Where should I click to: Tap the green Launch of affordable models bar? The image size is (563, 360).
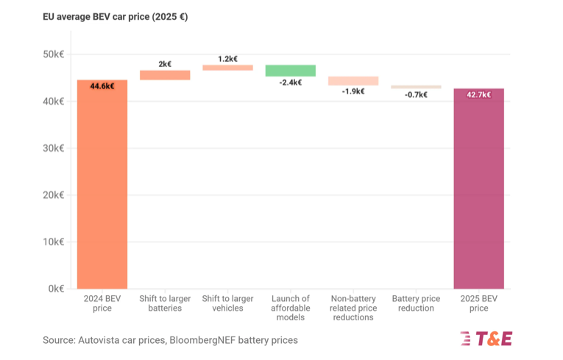(x=290, y=71)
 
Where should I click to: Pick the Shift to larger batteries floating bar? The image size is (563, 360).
(x=165, y=75)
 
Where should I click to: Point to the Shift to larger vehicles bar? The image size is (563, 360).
(x=227, y=68)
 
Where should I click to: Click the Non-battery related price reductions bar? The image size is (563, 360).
(x=353, y=81)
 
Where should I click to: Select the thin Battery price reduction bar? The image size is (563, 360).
(x=416, y=87)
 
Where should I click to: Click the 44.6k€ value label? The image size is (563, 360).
(x=102, y=86)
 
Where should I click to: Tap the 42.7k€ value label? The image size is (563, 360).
(x=478, y=95)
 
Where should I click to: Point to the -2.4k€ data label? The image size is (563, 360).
(x=290, y=82)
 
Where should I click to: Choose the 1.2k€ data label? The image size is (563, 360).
(x=227, y=58)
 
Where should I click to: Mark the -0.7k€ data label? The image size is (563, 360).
(x=416, y=95)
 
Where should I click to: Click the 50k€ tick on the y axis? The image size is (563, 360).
(x=53, y=54)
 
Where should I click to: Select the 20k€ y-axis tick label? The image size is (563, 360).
(x=53, y=195)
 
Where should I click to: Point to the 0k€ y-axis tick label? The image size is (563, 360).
(x=55, y=289)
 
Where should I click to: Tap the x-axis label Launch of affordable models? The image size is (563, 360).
(x=290, y=308)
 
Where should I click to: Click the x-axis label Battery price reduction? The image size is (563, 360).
(x=416, y=303)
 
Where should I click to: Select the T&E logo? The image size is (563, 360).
(x=486, y=339)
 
